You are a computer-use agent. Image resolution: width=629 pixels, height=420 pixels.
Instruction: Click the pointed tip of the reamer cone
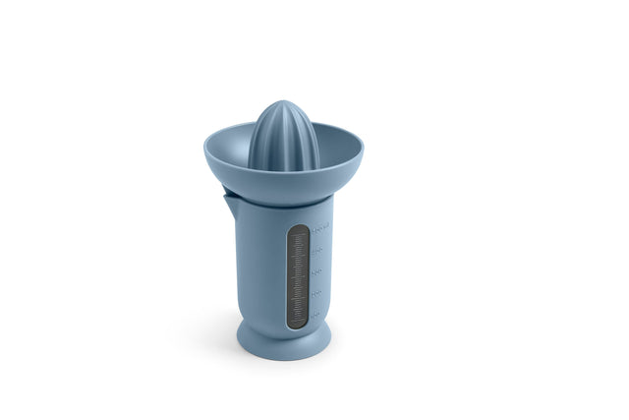[x=281, y=101]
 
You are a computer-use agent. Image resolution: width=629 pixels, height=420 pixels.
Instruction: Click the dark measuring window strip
[x=298, y=275]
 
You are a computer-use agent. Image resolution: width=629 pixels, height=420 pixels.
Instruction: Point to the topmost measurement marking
[x=319, y=227]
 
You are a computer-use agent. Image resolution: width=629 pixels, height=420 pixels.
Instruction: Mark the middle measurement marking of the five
[x=317, y=270]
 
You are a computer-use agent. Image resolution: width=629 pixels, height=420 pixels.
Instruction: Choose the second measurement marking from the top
[x=318, y=249]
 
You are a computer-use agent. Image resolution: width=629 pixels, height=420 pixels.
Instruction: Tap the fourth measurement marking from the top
[x=316, y=293]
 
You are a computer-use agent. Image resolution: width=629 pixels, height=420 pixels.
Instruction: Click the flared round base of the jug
[x=283, y=343]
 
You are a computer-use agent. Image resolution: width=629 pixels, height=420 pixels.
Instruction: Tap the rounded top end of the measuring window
[x=298, y=229]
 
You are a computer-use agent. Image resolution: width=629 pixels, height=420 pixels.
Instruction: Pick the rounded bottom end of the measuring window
[x=298, y=324]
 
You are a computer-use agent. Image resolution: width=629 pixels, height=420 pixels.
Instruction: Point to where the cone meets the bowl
[x=282, y=168]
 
